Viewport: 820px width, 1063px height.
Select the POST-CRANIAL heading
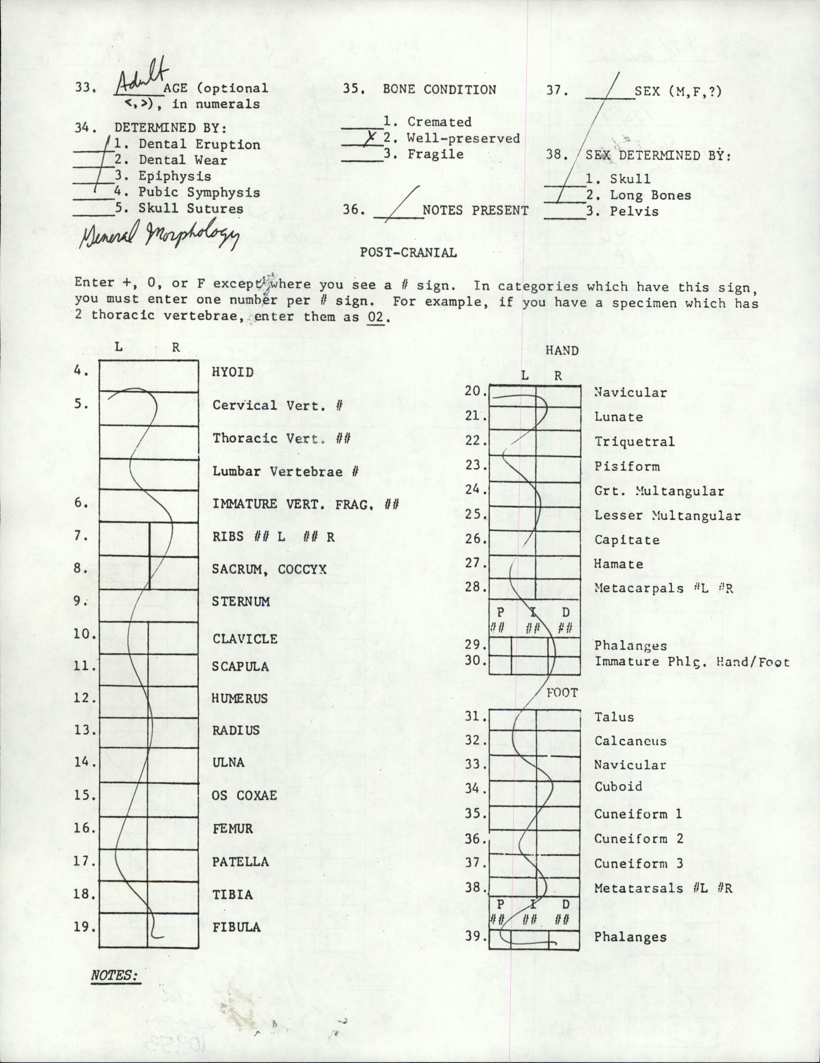(408, 253)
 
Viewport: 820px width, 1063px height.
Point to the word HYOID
(233, 372)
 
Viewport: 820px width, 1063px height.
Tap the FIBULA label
(236, 927)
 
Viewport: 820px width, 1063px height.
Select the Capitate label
(627, 540)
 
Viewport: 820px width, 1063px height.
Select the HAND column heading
(562, 351)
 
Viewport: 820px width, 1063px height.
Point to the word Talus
(614, 717)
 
